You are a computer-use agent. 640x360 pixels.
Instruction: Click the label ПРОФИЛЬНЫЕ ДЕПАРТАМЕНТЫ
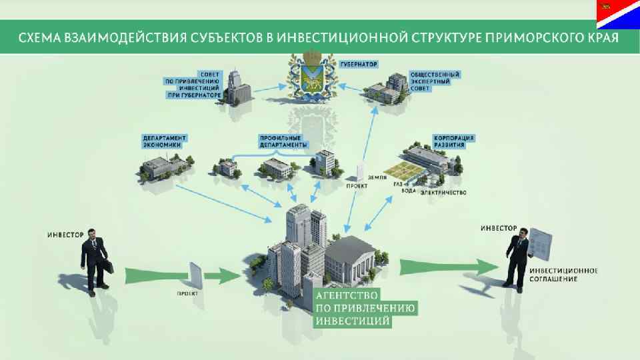pos(283,141)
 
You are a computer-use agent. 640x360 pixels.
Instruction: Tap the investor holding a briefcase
pos(95,257)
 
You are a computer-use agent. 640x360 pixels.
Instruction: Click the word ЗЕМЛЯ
pos(377,177)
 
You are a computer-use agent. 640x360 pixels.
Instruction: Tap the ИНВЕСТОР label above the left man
pos(65,234)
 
